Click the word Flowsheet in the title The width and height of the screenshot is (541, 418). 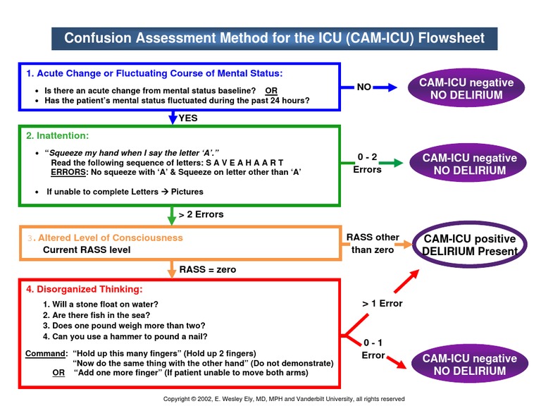(447, 37)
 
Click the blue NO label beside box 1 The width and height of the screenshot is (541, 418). (363, 87)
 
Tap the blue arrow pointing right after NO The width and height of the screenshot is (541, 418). (386, 87)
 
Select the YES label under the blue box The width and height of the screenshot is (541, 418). (188, 118)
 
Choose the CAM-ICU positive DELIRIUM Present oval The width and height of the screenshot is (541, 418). (470, 245)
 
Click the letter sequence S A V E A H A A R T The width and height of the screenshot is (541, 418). (245, 163)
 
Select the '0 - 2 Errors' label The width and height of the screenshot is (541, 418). (367, 164)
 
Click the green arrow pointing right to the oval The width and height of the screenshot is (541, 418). (395, 164)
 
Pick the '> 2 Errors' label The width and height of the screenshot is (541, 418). (201, 214)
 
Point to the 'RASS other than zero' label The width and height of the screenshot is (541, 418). (372, 243)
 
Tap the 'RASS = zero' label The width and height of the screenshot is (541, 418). (208, 269)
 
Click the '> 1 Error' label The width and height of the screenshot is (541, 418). (382, 303)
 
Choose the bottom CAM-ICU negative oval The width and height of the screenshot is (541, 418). (468, 364)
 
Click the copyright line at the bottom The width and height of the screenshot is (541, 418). (284, 399)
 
